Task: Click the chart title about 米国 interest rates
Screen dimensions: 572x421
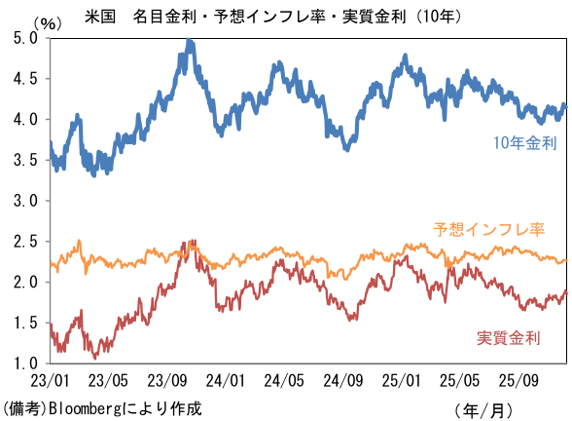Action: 272,16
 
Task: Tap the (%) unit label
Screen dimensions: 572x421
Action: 48,24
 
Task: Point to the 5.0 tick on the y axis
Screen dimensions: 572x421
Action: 26,38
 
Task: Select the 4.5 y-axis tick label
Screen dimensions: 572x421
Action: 26,79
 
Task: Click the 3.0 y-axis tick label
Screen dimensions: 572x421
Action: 26,201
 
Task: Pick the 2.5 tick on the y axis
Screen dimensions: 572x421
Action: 26,242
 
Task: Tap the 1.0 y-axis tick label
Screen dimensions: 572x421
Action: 26,363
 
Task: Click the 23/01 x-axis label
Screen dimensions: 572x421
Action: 50,381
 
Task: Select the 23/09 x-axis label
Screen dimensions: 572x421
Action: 167,381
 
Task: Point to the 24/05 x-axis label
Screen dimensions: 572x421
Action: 284,381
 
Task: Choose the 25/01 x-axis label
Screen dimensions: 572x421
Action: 401,381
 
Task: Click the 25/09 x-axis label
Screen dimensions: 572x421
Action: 518,381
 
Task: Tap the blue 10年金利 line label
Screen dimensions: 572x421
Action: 525,143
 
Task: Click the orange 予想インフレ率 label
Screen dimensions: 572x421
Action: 488,230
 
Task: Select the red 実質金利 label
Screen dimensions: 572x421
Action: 508,337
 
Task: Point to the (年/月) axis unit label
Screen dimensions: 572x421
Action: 483,411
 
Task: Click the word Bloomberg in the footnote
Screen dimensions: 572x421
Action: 85,408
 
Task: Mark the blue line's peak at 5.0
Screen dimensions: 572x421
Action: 189,40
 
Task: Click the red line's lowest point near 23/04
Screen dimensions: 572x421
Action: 95,358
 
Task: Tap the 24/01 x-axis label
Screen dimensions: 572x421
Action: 226,381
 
